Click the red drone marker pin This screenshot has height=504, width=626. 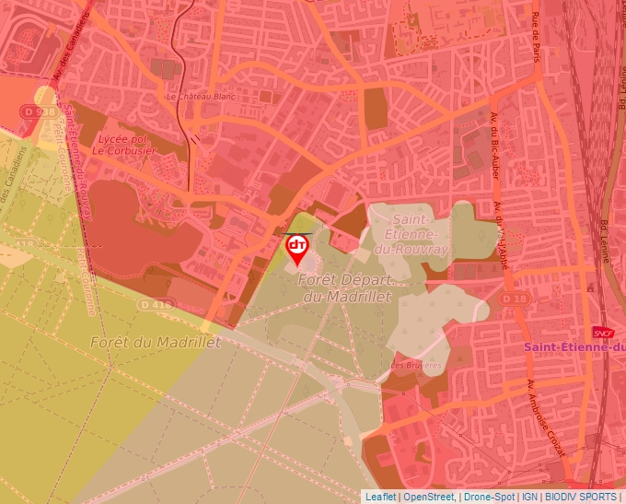pyautogui.click(x=297, y=247)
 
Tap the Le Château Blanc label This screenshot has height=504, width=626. pyautogui.click(x=197, y=96)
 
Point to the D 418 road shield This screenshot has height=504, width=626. pyautogui.click(x=156, y=304)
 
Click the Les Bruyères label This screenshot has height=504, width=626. pyautogui.click(x=416, y=365)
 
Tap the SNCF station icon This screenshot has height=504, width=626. pyautogui.click(x=604, y=333)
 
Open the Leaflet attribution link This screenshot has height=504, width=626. pyautogui.click(x=380, y=497)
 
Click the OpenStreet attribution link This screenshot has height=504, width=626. pyautogui.click(x=429, y=497)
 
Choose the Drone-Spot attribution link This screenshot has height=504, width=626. pyautogui.click(x=489, y=497)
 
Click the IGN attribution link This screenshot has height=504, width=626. pyautogui.click(x=529, y=497)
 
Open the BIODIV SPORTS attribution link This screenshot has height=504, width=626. pyautogui.click(x=580, y=497)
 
